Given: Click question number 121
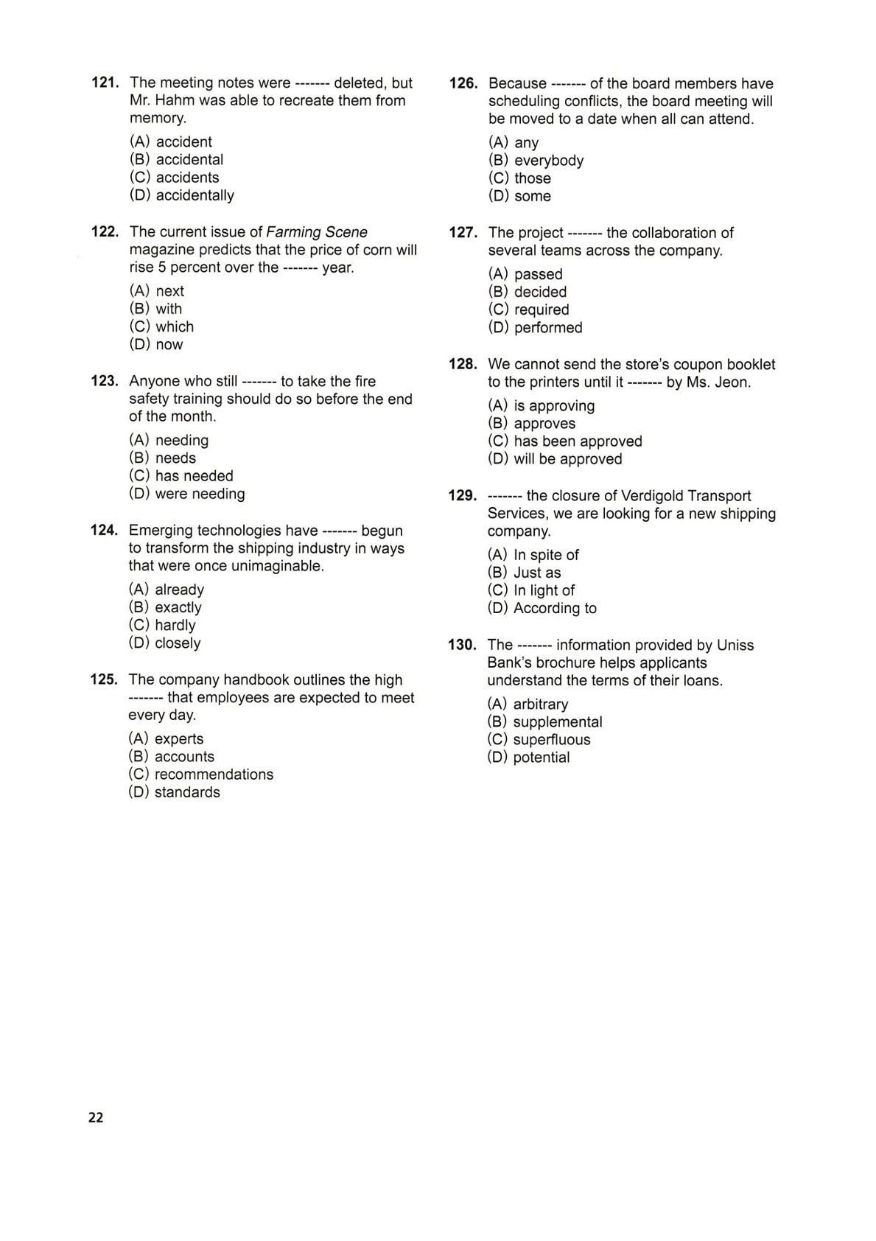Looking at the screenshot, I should (105, 83).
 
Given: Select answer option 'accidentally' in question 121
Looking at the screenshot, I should (195, 195).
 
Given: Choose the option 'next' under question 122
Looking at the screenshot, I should (169, 291).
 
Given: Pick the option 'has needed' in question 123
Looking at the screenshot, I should (194, 476).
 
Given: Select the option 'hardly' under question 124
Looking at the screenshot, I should (175, 625).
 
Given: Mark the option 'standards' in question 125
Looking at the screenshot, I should (187, 792).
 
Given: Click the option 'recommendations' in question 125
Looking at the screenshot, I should (214, 775).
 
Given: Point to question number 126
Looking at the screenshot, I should (463, 83).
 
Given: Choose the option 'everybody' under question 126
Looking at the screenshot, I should (548, 161).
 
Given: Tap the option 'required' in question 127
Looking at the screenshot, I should (542, 310).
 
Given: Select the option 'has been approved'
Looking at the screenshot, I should (578, 441).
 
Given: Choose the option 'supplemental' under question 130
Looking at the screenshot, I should (557, 722).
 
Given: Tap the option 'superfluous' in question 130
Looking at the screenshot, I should (551, 740).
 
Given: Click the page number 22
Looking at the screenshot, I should (96, 1117).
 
